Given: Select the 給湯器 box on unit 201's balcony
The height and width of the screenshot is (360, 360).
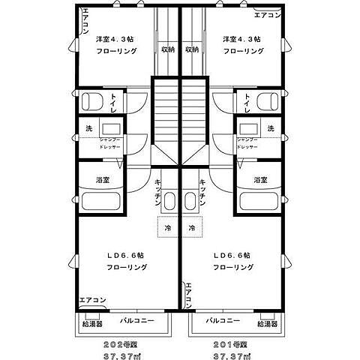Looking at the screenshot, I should pos(267,324).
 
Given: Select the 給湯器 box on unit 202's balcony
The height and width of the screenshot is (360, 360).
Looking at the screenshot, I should pos(91,324).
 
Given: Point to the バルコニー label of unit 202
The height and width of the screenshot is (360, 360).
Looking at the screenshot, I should pos(139,319).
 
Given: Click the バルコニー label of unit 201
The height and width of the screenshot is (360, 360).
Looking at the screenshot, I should pos(223,319).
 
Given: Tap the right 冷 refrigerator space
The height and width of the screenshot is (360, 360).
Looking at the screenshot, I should pos(191,228).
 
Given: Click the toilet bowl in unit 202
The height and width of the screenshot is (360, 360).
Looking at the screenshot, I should pos(94,101).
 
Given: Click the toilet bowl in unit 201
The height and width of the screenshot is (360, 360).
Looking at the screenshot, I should pos(264,101).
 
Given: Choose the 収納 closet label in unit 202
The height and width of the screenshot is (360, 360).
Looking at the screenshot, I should pos(168,50).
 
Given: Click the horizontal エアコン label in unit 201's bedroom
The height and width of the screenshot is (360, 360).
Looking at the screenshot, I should pos(267,15).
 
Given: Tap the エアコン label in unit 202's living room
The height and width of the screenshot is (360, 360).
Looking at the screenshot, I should pos(93,300).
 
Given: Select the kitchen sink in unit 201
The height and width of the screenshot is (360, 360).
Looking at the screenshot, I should pos(190,199).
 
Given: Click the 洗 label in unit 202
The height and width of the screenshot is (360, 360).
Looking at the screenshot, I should pos(88,128).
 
